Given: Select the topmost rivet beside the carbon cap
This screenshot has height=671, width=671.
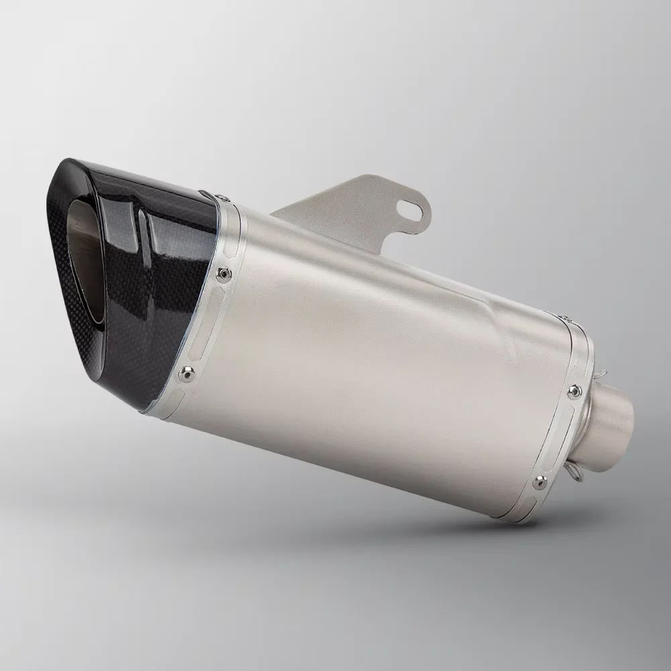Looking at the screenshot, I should click(224, 195).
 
